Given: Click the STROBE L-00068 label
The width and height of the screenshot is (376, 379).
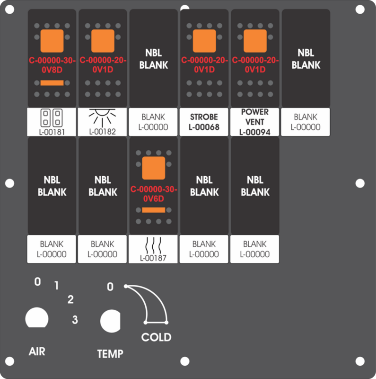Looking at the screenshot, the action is [x=204, y=122].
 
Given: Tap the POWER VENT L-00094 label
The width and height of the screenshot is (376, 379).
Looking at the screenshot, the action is [x=254, y=122].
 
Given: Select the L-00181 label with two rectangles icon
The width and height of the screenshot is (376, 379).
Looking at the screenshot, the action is [x=52, y=122].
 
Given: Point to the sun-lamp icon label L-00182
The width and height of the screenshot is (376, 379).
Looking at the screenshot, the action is [x=102, y=122].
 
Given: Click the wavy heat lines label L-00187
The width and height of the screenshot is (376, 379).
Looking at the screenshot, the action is [x=153, y=249].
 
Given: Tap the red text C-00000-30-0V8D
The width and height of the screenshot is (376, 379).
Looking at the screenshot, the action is [x=52, y=65].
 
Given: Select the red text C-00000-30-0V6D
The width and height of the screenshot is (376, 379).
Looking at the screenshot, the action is [x=154, y=194].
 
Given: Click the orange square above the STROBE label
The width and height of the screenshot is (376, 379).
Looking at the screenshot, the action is [x=204, y=41].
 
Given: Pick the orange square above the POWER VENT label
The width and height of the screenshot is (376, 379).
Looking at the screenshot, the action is [x=255, y=41].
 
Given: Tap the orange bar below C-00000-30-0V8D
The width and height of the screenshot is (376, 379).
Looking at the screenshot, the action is [x=52, y=83].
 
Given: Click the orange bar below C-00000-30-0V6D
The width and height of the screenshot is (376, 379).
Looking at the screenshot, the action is [x=154, y=210].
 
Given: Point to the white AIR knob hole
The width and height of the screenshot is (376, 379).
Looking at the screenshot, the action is [x=37, y=317].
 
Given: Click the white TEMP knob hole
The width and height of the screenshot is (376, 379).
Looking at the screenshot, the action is [x=111, y=321].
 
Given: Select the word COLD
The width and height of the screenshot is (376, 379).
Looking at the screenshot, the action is [x=157, y=337].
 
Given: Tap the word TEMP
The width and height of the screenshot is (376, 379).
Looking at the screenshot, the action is [x=110, y=354].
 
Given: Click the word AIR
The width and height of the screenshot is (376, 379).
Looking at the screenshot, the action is [x=37, y=352].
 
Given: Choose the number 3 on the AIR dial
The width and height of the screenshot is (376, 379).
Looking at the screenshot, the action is [x=75, y=319].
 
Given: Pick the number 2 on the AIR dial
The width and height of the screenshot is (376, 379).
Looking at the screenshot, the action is [x=70, y=299].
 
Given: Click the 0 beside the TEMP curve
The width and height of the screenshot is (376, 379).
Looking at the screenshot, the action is [x=110, y=287].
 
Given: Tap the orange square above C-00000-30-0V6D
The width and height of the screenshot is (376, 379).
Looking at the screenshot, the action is [x=154, y=168].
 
